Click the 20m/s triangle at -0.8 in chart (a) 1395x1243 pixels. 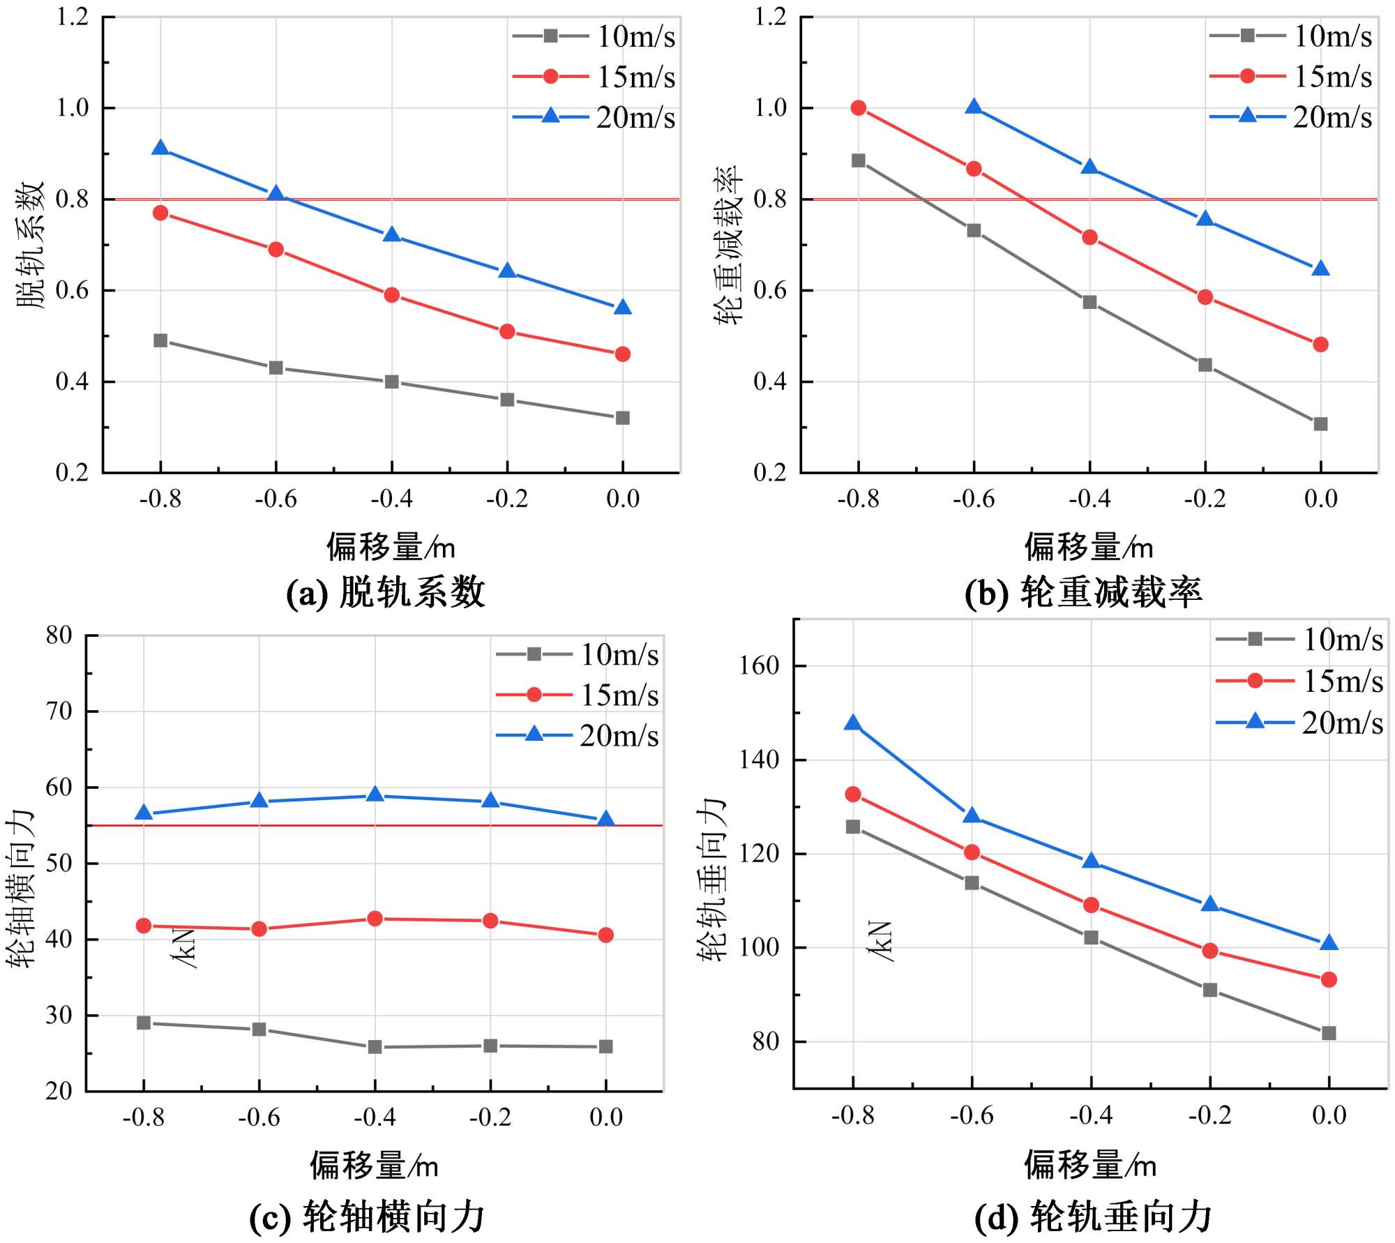click(x=160, y=148)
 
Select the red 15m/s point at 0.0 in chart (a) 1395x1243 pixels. click(x=623, y=354)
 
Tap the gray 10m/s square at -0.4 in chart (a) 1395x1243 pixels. click(x=392, y=382)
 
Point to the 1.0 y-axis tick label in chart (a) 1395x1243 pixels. click(x=73, y=108)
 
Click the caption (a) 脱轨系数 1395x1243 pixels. click(x=386, y=593)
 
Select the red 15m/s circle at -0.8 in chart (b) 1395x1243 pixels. click(x=859, y=107)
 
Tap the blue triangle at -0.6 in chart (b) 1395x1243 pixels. click(x=974, y=107)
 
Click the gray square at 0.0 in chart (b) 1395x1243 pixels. click(x=1320, y=424)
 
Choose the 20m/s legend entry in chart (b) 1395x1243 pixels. click(x=1291, y=117)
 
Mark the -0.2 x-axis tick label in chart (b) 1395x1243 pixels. click(x=1205, y=499)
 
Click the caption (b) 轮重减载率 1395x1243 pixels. click(x=1083, y=593)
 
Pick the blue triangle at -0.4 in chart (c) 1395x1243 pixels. click(x=375, y=794)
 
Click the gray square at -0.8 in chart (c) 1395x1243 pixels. click(x=144, y=1023)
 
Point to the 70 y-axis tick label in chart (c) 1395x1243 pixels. click(x=59, y=711)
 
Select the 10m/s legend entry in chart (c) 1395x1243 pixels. click(x=578, y=654)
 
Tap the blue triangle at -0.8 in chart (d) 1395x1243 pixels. click(x=852, y=723)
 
